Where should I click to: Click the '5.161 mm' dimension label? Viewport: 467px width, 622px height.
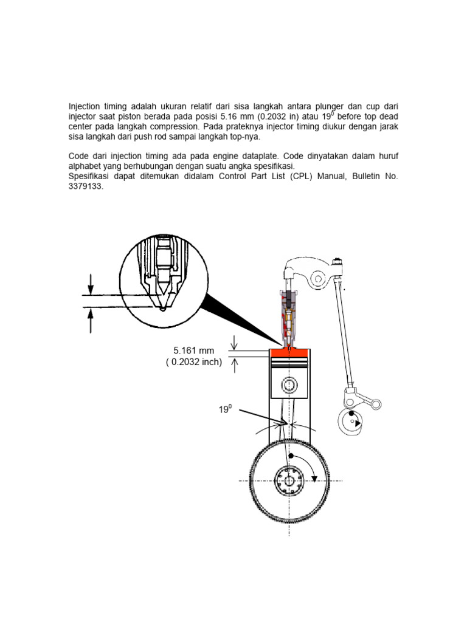194,351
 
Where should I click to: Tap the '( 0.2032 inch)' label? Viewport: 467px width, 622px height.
194,363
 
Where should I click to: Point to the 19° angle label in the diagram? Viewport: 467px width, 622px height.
226,410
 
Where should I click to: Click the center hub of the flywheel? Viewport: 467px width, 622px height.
289,481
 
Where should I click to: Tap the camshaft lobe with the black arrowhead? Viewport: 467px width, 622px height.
351,421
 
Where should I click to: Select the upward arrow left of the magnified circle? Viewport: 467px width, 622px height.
91,320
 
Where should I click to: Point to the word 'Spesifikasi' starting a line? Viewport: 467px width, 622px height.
90,177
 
